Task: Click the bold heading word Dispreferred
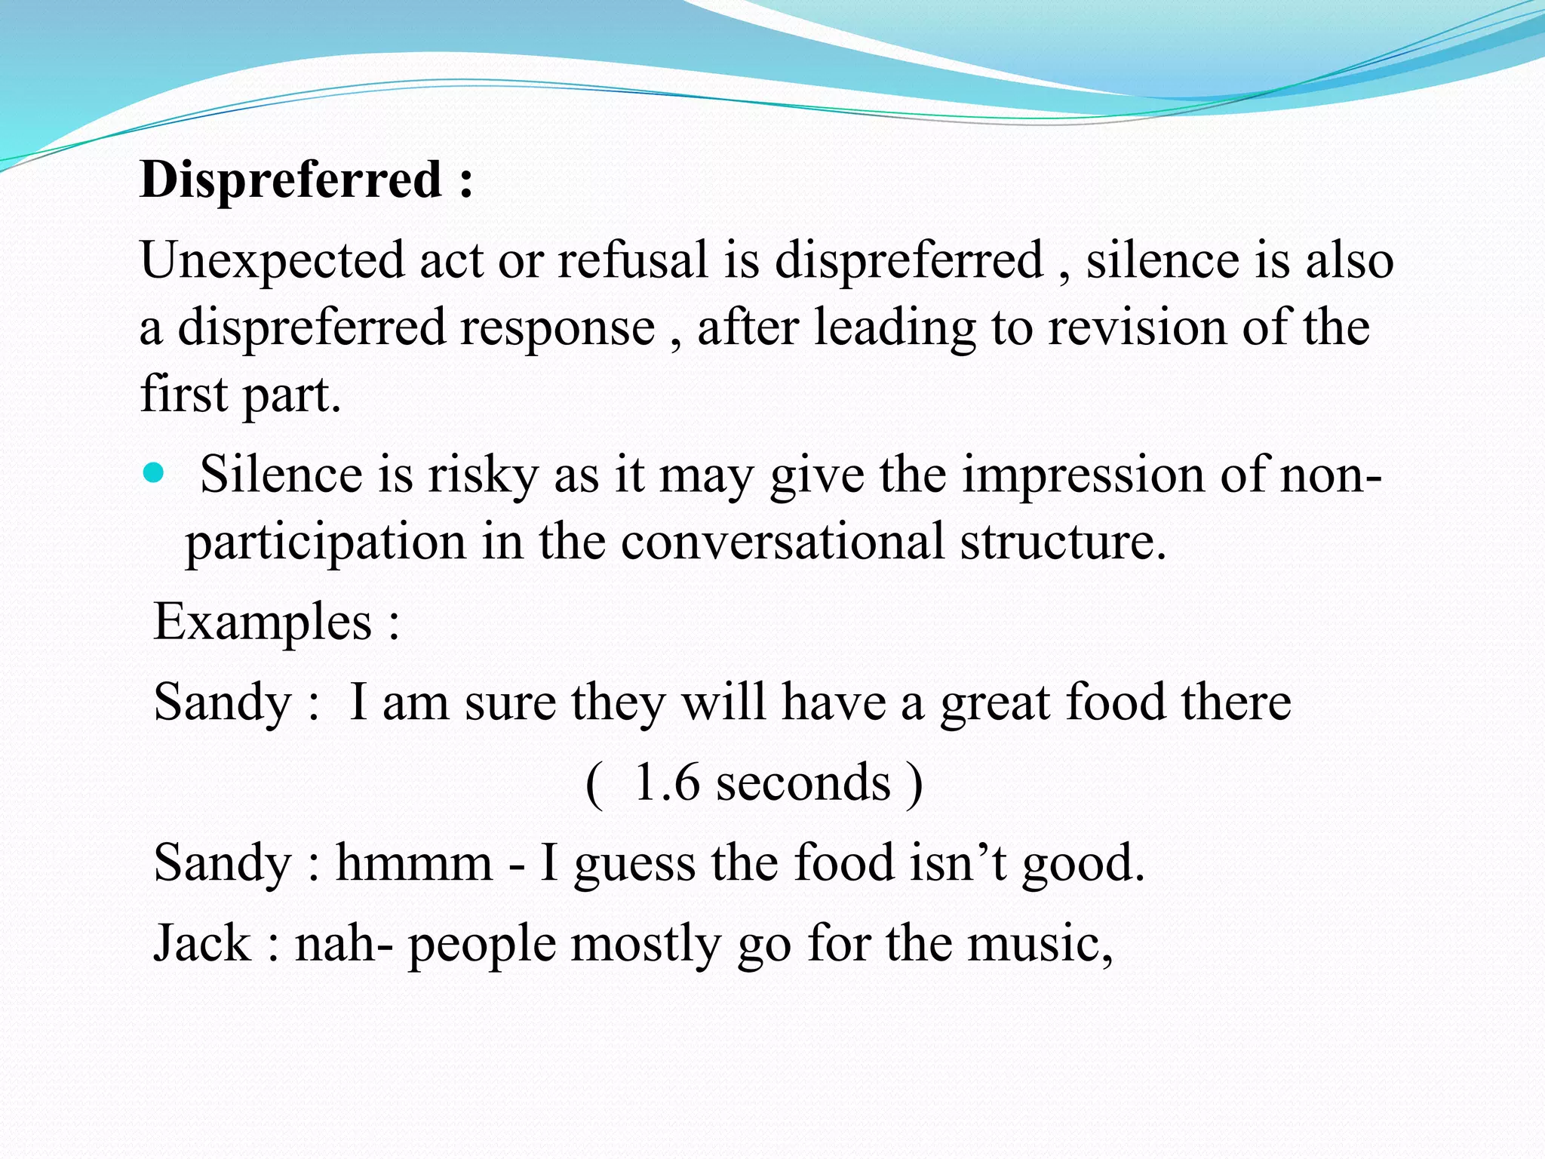(291, 181)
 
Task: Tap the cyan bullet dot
(153, 473)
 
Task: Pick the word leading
(895, 329)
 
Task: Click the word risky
(484, 476)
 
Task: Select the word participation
(326, 543)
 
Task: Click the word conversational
(782, 542)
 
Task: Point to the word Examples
(263, 623)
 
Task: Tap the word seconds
(803, 782)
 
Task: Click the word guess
(634, 865)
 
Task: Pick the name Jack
(201, 943)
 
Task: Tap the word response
(557, 329)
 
